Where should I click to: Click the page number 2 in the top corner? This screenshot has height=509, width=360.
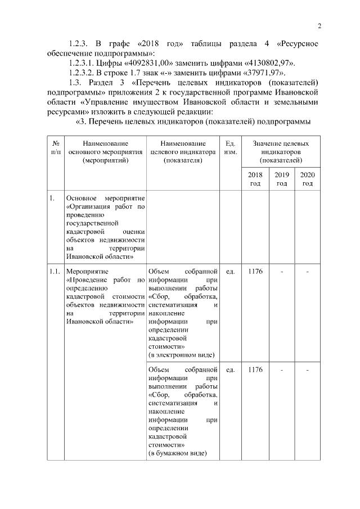319,25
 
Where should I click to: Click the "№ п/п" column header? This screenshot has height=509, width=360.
55,148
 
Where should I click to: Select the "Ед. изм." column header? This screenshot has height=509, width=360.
230,148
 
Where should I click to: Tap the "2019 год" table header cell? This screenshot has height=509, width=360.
282,179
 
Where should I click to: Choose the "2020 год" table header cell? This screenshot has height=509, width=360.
308,179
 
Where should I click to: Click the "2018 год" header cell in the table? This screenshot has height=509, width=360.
255,179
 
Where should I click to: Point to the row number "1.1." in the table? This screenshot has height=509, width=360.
55,272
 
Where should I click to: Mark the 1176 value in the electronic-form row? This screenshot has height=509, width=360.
255,272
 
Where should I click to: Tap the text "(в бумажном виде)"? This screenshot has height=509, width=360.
177,453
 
